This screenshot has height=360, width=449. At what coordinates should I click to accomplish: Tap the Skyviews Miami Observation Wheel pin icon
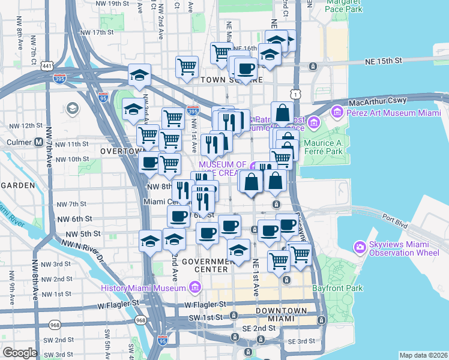[360, 246]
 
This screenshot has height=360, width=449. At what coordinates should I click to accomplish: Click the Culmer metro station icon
[38, 142]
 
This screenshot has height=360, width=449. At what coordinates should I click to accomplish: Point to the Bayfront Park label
[338, 289]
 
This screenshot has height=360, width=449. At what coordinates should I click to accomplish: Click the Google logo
[20, 353]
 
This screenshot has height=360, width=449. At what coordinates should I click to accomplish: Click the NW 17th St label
[95, 32]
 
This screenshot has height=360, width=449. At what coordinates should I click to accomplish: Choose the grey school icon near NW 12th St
[73, 109]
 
